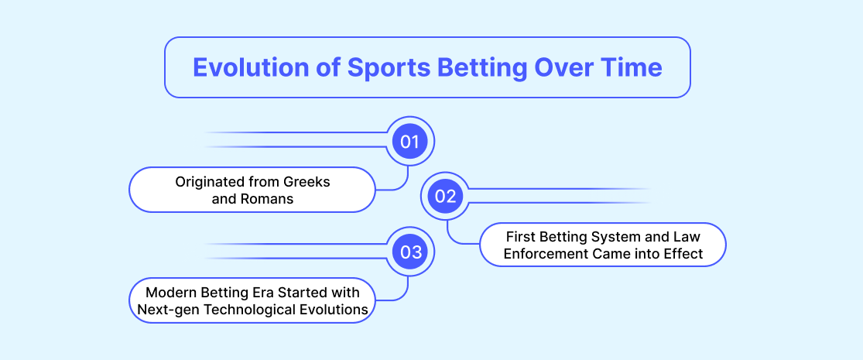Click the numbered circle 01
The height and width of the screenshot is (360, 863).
409,142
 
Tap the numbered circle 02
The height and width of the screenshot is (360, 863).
446,197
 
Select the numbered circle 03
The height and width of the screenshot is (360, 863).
409,252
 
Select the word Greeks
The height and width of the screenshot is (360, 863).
307,182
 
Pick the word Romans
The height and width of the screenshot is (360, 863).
268,199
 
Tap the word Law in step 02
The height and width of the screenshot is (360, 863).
689,237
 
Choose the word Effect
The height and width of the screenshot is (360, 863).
685,254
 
